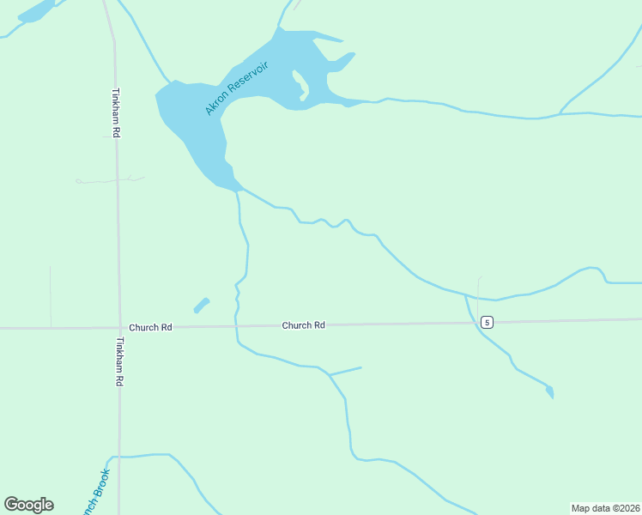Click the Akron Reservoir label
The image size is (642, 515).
coord(237,88)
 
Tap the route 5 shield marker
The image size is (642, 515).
coord(487,322)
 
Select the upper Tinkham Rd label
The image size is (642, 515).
coord(115,112)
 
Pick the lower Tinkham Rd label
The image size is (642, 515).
coord(120,360)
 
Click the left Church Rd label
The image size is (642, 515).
coord(150,327)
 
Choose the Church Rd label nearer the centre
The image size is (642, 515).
coord(304,325)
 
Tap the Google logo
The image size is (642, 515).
coord(28,505)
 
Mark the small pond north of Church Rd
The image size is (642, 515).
coord(201,305)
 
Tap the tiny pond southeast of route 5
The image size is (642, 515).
coord(549,391)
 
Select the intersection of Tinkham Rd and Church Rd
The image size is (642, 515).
coord(118,327)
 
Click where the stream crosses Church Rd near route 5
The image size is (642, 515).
coord(470,322)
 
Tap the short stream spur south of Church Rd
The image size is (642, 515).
coord(346,371)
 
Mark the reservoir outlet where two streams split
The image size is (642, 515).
coord(238,189)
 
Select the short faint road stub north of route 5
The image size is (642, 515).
coord(478,288)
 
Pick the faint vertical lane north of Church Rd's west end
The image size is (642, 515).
coord(51,296)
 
